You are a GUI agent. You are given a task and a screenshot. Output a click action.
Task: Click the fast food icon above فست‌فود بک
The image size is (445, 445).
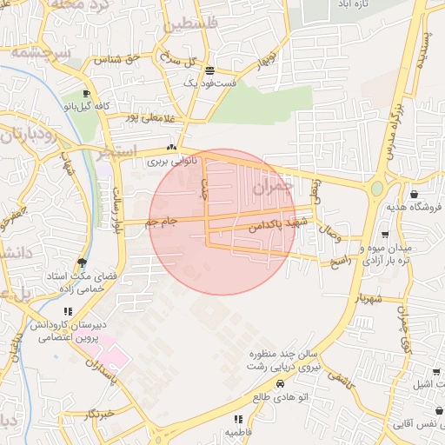click(x=209, y=70)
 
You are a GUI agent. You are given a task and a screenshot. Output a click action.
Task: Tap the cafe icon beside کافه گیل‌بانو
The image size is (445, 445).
click(x=85, y=94)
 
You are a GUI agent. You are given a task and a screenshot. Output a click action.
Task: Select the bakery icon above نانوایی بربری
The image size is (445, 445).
click(x=170, y=148)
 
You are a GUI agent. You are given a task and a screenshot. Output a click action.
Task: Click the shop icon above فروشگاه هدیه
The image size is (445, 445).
click(x=413, y=194)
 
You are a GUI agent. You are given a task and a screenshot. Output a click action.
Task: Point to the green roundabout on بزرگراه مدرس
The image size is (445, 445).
click(x=376, y=188)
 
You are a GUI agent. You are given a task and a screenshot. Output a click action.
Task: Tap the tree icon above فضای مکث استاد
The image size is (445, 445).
click(x=83, y=262)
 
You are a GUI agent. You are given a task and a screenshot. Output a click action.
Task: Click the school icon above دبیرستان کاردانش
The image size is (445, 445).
click(x=68, y=311)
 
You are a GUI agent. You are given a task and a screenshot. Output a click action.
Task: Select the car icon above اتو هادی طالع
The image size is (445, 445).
click(x=280, y=383)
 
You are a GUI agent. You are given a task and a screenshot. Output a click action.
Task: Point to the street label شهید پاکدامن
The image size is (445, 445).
click(x=273, y=225)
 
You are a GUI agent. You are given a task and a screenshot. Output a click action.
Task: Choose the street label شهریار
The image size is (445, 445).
click(x=368, y=299)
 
